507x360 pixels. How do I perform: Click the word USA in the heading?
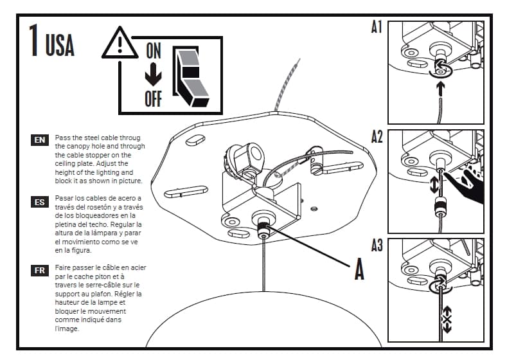tap(60, 45)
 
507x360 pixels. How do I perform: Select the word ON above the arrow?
tap(153, 51)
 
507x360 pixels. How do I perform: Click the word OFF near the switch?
tap(153, 98)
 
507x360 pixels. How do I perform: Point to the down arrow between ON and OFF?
tap(153, 75)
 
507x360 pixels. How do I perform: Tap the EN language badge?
tap(40, 139)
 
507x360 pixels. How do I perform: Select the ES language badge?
tap(40, 202)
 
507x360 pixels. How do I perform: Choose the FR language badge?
tap(40, 270)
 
